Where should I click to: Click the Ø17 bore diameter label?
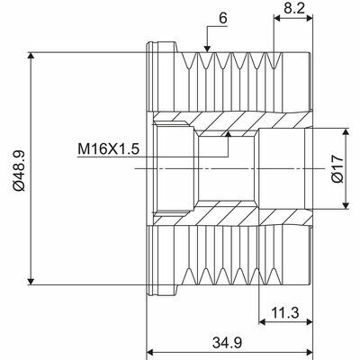click(334, 167)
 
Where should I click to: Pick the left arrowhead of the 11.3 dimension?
click(263, 322)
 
